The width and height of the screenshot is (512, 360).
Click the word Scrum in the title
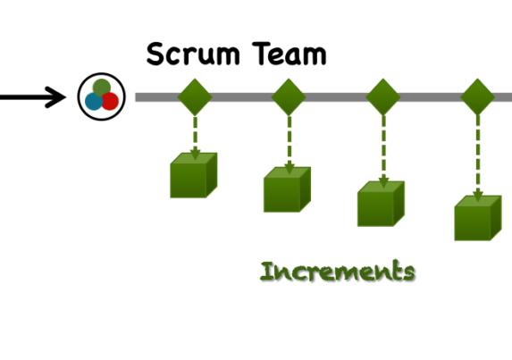(x=193, y=54)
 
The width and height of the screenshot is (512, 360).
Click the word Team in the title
(x=290, y=54)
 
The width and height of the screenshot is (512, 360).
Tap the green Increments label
(x=338, y=271)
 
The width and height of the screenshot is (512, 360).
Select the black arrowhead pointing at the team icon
(x=55, y=97)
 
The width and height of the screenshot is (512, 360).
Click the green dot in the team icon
(x=102, y=88)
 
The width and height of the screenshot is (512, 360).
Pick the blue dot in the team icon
(x=94, y=102)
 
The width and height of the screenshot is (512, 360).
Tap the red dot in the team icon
(x=110, y=102)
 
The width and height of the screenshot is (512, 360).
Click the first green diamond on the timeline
(x=195, y=97)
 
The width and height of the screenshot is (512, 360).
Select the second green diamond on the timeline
(x=289, y=97)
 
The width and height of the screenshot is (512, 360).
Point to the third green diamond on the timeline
(x=383, y=97)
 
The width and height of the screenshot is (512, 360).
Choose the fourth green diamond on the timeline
(x=477, y=97)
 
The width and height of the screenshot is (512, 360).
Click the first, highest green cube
(x=194, y=175)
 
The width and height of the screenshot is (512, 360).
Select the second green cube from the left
(x=288, y=189)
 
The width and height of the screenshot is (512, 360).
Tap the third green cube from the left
(x=381, y=204)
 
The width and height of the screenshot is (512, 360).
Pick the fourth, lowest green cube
(x=478, y=218)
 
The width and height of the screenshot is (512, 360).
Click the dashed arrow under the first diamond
(x=196, y=138)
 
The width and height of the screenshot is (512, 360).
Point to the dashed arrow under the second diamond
(x=290, y=146)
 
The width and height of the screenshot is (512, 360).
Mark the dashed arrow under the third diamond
(x=383, y=152)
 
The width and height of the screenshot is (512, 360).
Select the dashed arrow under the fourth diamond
(x=478, y=159)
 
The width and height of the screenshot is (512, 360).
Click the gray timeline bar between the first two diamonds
(x=241, y=97)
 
